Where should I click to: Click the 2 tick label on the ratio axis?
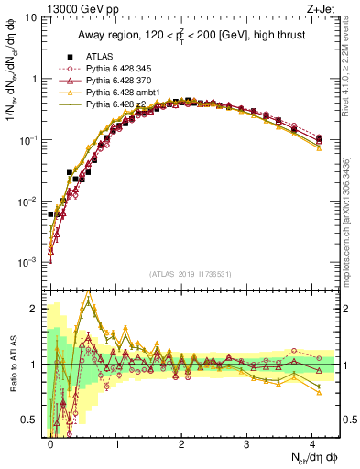point(37,309)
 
